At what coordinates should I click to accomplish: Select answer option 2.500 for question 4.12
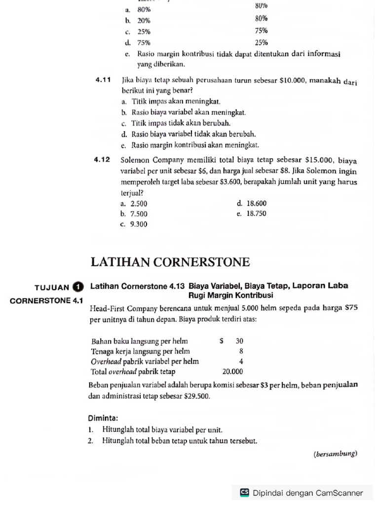point(138,204)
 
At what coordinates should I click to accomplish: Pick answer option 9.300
point(138,224)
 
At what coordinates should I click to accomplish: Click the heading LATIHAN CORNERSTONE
point(170,262)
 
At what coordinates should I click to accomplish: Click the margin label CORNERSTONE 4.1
point(46,300)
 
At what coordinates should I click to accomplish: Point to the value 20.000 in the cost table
point(232,372)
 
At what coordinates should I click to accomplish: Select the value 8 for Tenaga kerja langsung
point(241,351)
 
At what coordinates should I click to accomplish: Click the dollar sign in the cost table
point(222,341)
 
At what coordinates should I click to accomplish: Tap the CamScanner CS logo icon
point(244,493)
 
